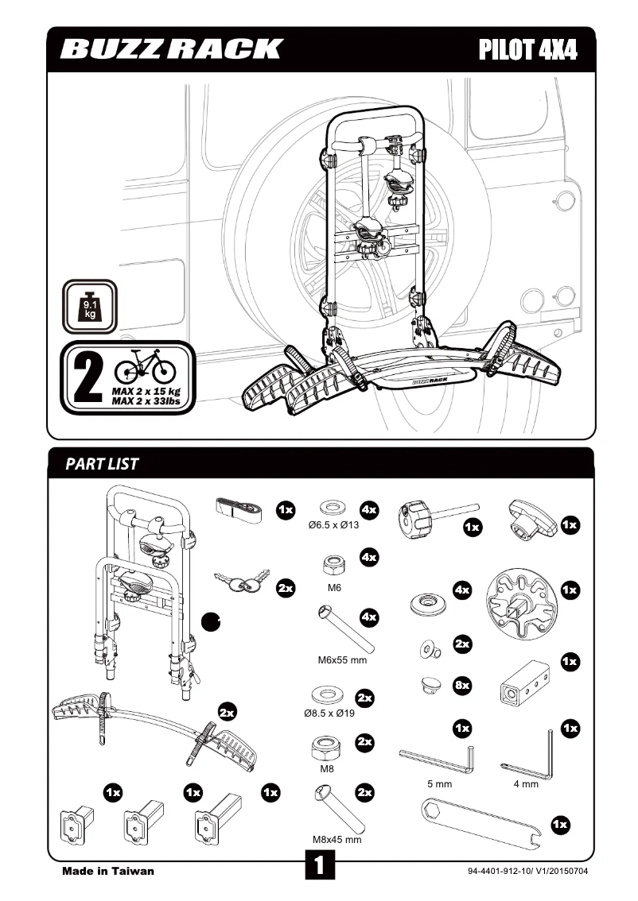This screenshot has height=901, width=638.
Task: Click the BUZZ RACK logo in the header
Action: [171, 49]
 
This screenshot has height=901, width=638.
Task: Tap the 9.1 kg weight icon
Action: [89, 307]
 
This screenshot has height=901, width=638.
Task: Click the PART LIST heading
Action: [102, 464]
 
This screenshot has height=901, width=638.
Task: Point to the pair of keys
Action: [242, 584]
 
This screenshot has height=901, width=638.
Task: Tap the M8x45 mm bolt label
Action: [337, 839]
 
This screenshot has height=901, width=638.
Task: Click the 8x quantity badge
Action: [461, 684]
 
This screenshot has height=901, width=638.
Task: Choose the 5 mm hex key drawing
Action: [437, 757]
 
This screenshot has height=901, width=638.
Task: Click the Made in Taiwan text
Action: [108, 871]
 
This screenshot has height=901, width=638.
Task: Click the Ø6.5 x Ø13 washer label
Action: [334, 526]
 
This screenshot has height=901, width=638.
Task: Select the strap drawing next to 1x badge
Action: [243, 509]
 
